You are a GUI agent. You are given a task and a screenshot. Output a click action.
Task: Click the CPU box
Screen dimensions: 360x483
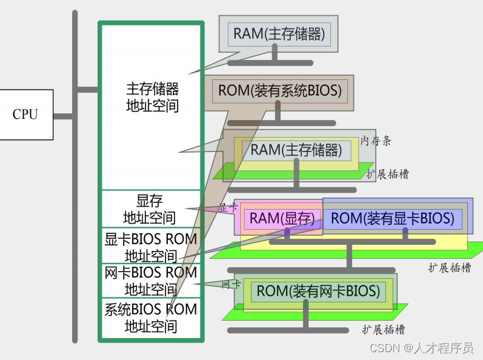pos(25,115)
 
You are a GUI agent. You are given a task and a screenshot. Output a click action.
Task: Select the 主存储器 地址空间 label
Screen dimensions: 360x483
pos(152,98)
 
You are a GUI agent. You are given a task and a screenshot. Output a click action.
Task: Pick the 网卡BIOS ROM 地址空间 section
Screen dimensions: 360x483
pos(151,281)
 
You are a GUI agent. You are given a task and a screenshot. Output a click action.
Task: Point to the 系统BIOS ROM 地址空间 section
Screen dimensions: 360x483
pos(151,318)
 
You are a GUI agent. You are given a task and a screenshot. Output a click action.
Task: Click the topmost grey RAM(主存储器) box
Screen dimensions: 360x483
pos(279,33)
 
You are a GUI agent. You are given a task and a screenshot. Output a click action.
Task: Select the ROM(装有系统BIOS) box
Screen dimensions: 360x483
pos(279,92)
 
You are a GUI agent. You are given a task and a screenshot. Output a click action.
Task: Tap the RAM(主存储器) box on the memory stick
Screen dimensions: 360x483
pos(296,150)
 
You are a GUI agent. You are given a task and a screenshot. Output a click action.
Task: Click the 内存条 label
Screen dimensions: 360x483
pos(376,141)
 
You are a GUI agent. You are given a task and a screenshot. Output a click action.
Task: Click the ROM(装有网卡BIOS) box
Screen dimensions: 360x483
pos(318,291)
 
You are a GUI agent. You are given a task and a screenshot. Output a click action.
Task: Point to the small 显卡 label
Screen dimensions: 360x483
pos(228,207)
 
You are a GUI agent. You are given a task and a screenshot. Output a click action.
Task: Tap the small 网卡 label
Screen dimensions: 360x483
pos(232,284)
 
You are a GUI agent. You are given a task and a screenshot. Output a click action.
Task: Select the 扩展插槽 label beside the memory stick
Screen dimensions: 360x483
pos(387,174)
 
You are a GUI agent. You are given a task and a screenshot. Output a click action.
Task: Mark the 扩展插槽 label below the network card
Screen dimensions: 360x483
pos(384,330)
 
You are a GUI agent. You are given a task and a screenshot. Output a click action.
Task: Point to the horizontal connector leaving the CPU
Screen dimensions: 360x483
pos(63,115)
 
